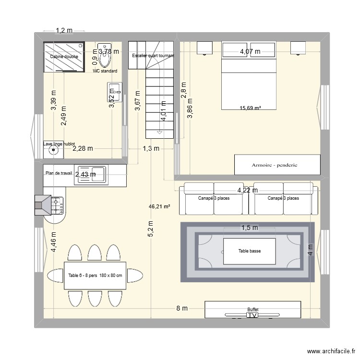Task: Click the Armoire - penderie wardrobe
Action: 277,165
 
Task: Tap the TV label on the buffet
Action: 252,315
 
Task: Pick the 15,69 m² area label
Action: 250,108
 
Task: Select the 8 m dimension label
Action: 182,308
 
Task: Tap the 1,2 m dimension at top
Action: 64,31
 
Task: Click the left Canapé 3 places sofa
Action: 214,198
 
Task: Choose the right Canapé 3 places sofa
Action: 283,198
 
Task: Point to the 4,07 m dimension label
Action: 250,51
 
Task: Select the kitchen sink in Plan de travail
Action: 99,175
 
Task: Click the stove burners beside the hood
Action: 58,205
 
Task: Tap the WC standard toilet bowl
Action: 106,60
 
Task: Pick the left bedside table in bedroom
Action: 204,48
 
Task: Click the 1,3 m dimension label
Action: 150,149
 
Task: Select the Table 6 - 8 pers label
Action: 95,276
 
